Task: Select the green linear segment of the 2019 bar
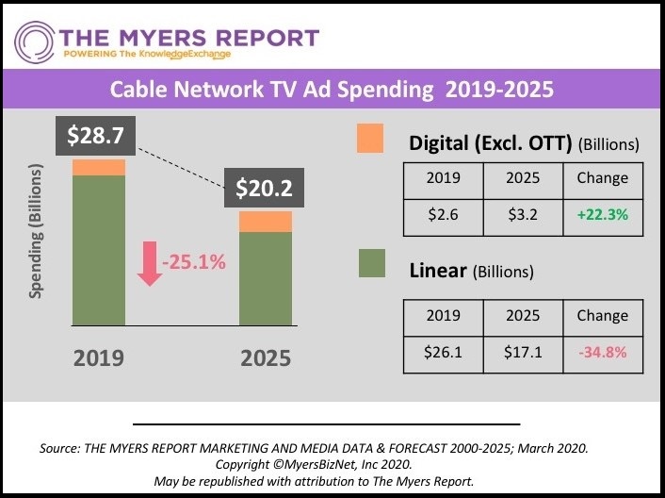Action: click(x=99, y=250)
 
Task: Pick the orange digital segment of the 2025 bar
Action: click(x=265, y=222)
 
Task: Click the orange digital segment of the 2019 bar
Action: click(x=99, y=168)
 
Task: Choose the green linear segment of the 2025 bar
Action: click(x=265, y=279)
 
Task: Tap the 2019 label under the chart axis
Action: click(x=98, y=358)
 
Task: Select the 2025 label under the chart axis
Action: click(x=265, y=358)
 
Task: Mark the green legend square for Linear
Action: click(x=373, y=263)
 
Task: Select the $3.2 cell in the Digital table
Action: click(x=522, y=214)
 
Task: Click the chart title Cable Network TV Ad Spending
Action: click(x=332, y=91)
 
